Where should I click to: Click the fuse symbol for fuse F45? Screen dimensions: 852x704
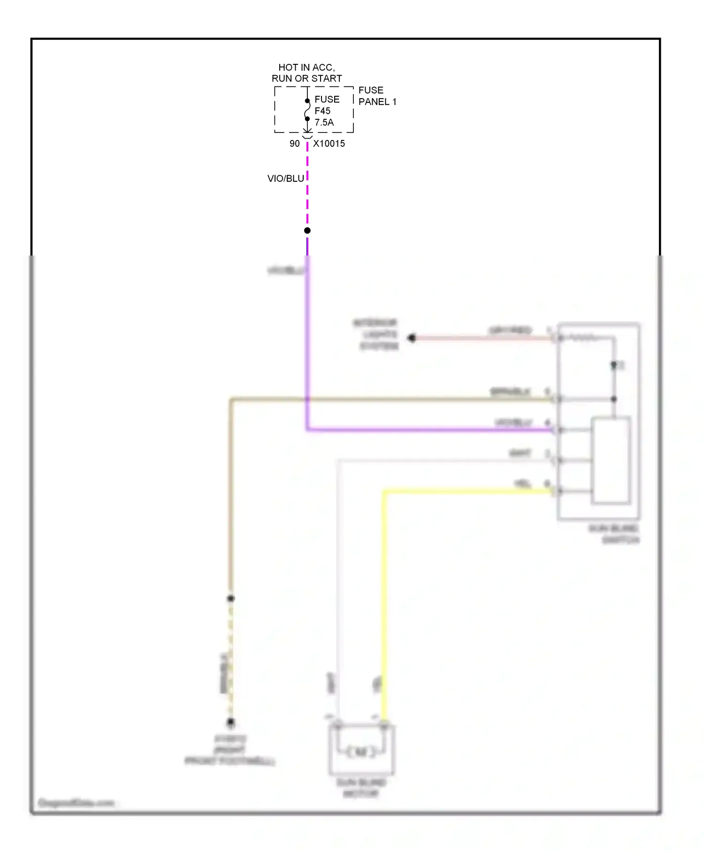(x=307, y=110)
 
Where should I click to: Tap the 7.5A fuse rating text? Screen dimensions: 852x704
(x=324, y=123)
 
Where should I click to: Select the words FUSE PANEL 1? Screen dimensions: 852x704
(x=377, y=96)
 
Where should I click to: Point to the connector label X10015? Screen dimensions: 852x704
(x=329, y=144)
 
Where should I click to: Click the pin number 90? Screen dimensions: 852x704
(x=294, y=144)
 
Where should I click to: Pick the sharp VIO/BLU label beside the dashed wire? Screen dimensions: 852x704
(x=285, y=178)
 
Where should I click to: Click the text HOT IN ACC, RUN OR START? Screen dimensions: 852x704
(x=307, y=73)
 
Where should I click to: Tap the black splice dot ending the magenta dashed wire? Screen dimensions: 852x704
(x=307, y=231)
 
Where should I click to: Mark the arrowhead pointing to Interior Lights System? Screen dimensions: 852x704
(x=412, y=338)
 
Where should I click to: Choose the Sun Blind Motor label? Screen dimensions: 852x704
(x=361, y=788)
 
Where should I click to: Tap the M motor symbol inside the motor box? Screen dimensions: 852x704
(x=361, y=752)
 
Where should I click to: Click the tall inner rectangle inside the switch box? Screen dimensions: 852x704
(x=611, y=460)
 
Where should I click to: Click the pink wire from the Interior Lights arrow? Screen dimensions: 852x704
(x=483, y=338)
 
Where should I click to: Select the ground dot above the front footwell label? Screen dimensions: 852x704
(x=231, y=722)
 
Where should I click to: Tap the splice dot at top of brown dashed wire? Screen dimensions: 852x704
(x=231, y=598)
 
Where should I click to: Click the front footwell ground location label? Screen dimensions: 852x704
(x=230, y=750)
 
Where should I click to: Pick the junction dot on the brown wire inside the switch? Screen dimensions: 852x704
(x=614, y=399)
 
